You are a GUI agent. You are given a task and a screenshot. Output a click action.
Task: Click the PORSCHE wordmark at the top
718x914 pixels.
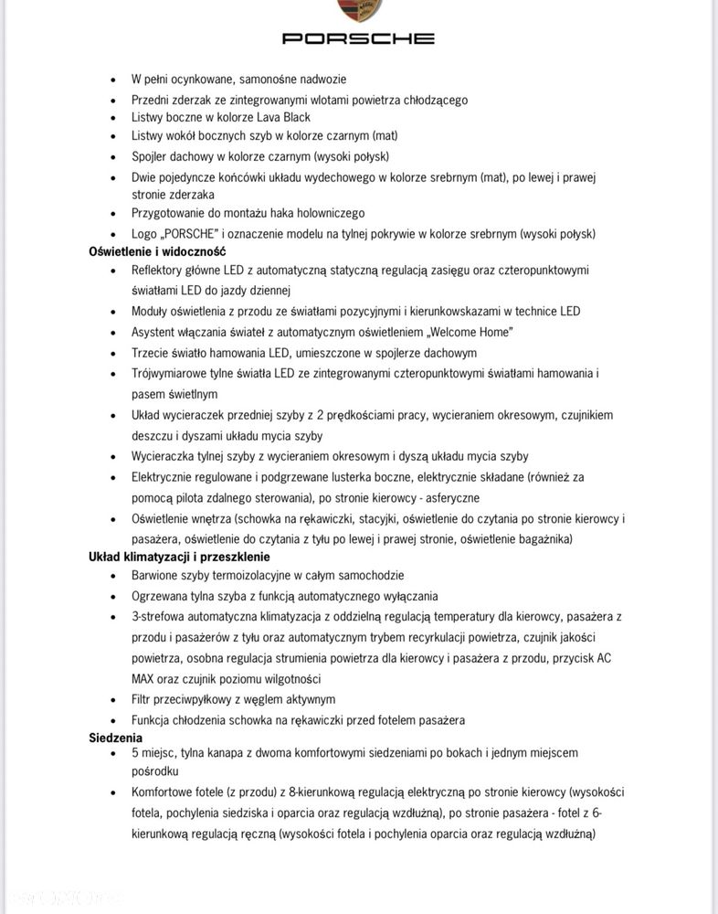pyautogui.click(x=358, y=38)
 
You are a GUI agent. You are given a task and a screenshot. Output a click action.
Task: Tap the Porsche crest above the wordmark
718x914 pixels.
pyautogui.click(x=358, y=9)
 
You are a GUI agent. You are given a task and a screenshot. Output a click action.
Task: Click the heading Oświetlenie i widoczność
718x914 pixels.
pyautogui.click(x=157, y=251)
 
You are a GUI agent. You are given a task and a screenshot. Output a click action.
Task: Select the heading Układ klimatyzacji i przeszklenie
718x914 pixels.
pyautogui.click(x=179, y=557)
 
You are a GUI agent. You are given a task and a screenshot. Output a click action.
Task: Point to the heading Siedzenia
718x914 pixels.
pyautogui.click(x=116, y=738)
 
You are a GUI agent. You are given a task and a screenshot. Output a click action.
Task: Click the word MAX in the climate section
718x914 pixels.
pyautogui.click(x=146, y=679)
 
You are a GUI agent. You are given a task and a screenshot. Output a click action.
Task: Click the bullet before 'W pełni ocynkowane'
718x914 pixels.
pyautogui.click(x=113, y=80)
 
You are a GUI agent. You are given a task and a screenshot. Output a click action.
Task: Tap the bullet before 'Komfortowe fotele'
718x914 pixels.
pyautogui.click(x=113, y=793)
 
